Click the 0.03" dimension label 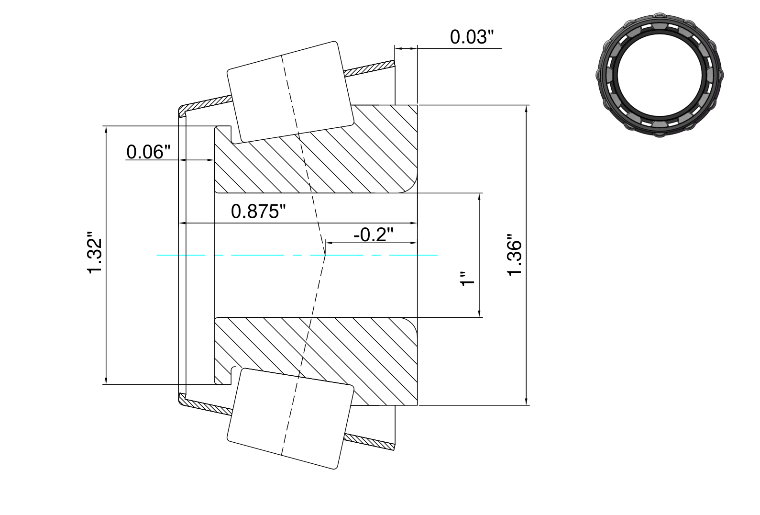pyautogui.click(x=472, y=37)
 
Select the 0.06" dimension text pyautogui.click(x=148, y=152)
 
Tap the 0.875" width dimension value pyautogui.click(x=258, y=212)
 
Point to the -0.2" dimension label pyautogui.click(x=374, y=235)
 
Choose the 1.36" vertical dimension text pyautogui.click(x=514, y=255)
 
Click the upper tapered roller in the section pyautogui.click(x=290, y=92)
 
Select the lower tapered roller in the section pyautogui.click(x=290, y=419)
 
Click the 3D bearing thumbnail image pyautogui.click(x=660, y=75)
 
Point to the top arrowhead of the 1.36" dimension pyautogui.click(x=526, y=108)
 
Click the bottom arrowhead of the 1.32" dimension pyautogui.click(x=106, y=381)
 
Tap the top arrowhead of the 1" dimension pyautogui.click(x=479, y=196)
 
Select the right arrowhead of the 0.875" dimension pyautogui.click(x=414, y=223)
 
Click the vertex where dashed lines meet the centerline pyautogui.click(x=325, y=255)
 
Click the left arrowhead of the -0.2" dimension pyautogui.click(x=329, y=243)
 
